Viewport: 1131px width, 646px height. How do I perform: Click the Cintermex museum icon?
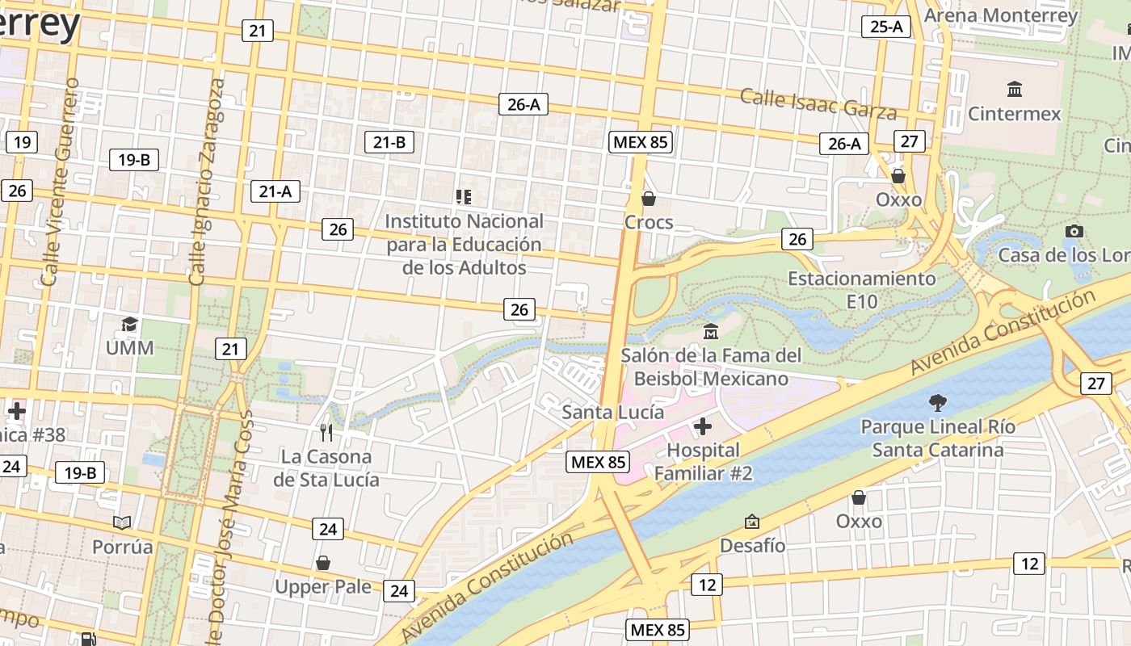pyautogui.click(x=1015, y=88)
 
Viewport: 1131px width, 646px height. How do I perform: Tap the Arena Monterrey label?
pyautogui.click(x=1000, y=15)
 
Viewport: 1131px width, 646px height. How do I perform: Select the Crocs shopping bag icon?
pyautogui.click(x=648, y=198)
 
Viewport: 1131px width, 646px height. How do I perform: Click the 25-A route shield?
pyautogui.click(x=886, y=27)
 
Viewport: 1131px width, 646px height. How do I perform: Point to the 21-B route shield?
pyautogui.click(x=389, y=142)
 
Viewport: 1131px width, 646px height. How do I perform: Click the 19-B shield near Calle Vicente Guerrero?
pyautogui.click(x=133, y=159)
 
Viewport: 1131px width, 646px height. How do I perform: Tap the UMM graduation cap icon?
pyautogui.click(x=129, y=325)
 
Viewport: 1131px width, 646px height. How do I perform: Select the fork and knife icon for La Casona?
pyautogui.click(x=326, y=433)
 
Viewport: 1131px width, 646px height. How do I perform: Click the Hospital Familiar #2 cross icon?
pyautogui.click(x=703, y=426)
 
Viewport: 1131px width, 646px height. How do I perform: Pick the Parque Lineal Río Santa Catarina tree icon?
pyautogui.click(x=937, y=401)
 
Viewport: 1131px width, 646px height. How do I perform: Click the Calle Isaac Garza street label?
pyautogui.click(x=818, y=103)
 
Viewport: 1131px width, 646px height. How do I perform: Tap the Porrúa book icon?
pyautogui.click(x=122, y=522)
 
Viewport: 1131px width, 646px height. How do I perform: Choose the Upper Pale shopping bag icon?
pyautogui.click(x=323, y=562)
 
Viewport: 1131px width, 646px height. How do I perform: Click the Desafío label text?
pyautogui.click(x=752, y=546)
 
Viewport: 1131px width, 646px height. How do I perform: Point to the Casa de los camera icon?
pyautogui.click(x=1074, y=231)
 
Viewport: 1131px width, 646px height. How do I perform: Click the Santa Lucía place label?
pyautogui.click(x=612, y=412)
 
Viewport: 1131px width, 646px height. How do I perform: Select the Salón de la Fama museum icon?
pyautogui.click(x=711, y=331)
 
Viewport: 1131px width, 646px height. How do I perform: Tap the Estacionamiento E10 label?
pyautogui.click(x=861, y=290)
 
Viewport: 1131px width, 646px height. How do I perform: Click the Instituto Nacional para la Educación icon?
pyautogui.click(x=463, y=196)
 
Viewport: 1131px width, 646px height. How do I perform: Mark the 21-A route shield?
pyautogui.click(x=275, y=191)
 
